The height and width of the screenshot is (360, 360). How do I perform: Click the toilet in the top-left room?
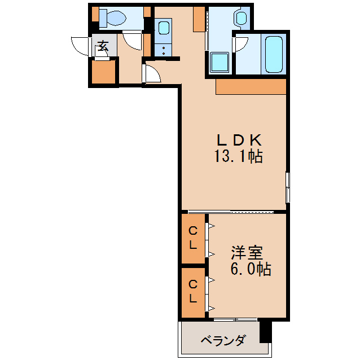[116, 17]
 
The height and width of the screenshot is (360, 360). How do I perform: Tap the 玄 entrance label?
[103, 46]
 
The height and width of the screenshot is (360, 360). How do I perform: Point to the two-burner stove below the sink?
[164, 49]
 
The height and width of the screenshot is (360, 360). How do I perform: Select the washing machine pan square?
[219, 63]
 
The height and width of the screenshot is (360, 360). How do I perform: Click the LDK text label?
[238, 140]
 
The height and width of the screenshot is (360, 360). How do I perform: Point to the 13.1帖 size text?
[238, 156]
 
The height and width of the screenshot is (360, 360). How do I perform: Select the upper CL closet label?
[193, 238]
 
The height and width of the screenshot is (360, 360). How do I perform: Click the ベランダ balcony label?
[223, 340]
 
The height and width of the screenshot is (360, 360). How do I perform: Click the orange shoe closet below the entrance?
[103, 72]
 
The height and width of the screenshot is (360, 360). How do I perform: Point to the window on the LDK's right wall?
[288, 186]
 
